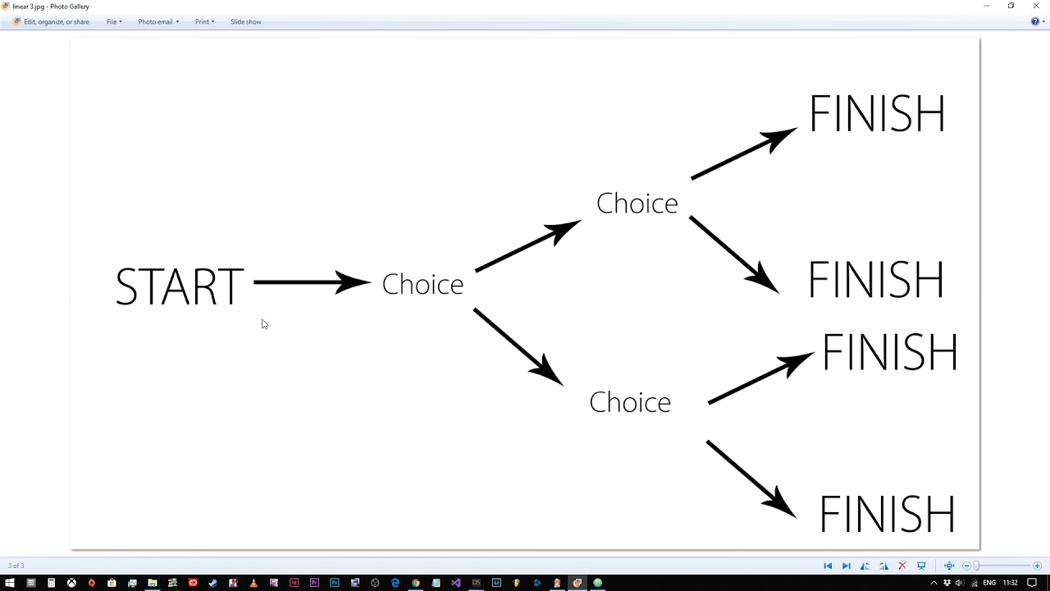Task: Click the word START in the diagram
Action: (x=180, y=286)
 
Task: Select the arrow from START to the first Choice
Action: (x=313, y=282)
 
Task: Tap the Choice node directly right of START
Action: (x=422, y=284)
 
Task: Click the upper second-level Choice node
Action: (x=637, y=203)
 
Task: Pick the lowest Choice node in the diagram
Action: (x=630, y=402)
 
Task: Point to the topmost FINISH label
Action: (x=877, y=113)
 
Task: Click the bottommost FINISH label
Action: (x=887, y=514)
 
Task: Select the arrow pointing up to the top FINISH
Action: (x=744, y=153)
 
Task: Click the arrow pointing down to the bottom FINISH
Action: (x=751, y=479)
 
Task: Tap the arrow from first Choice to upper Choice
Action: (x=528, y=245)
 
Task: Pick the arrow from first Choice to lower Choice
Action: (x=518, y=346)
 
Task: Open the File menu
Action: (x=114, y=21)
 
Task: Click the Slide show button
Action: (x=245, y=21)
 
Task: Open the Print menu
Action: (x=204, y=21)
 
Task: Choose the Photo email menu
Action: (x=158, y=21)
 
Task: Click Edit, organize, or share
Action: (x=51, y=21)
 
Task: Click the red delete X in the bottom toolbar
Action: (x=902, y=566)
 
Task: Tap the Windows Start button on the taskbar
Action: (x=10, y=583)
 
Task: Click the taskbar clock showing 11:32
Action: (x=1010, y=583)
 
